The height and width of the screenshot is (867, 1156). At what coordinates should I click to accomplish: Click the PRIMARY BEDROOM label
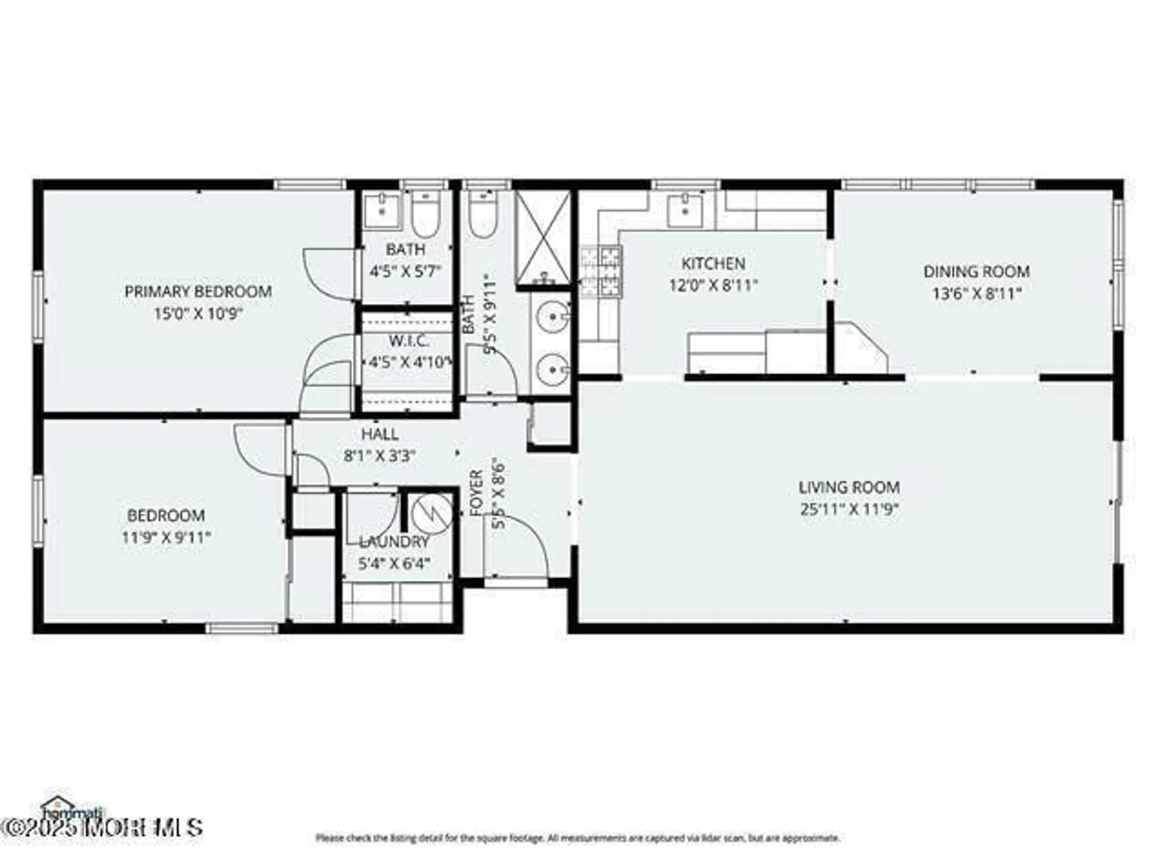point(198,291)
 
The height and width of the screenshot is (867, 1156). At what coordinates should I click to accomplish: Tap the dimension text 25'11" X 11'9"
point(849,510)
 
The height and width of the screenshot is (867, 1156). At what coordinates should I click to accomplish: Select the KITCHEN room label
point(713,264)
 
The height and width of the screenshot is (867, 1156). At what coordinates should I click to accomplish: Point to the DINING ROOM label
point(976,271)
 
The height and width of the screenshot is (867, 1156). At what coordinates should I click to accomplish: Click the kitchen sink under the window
point(685,211)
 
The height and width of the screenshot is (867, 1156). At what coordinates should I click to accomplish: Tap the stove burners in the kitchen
point(601,271)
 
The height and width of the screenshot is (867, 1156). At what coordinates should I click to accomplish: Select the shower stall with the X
point(543,237)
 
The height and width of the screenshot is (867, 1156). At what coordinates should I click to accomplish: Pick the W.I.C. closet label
point(408,341)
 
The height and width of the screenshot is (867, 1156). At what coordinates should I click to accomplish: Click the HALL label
point(380,434)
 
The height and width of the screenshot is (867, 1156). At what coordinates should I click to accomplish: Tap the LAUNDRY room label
point(395,542)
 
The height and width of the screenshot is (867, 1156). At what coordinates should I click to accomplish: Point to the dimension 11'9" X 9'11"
point(166,537)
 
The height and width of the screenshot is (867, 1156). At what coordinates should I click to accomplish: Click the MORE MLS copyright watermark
point(102,827)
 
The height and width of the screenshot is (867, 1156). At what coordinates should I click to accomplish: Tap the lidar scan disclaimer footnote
point(577,838)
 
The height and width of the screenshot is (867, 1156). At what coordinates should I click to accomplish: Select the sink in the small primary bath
point(381,211)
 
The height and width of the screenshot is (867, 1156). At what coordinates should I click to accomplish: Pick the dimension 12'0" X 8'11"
point(713,286)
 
